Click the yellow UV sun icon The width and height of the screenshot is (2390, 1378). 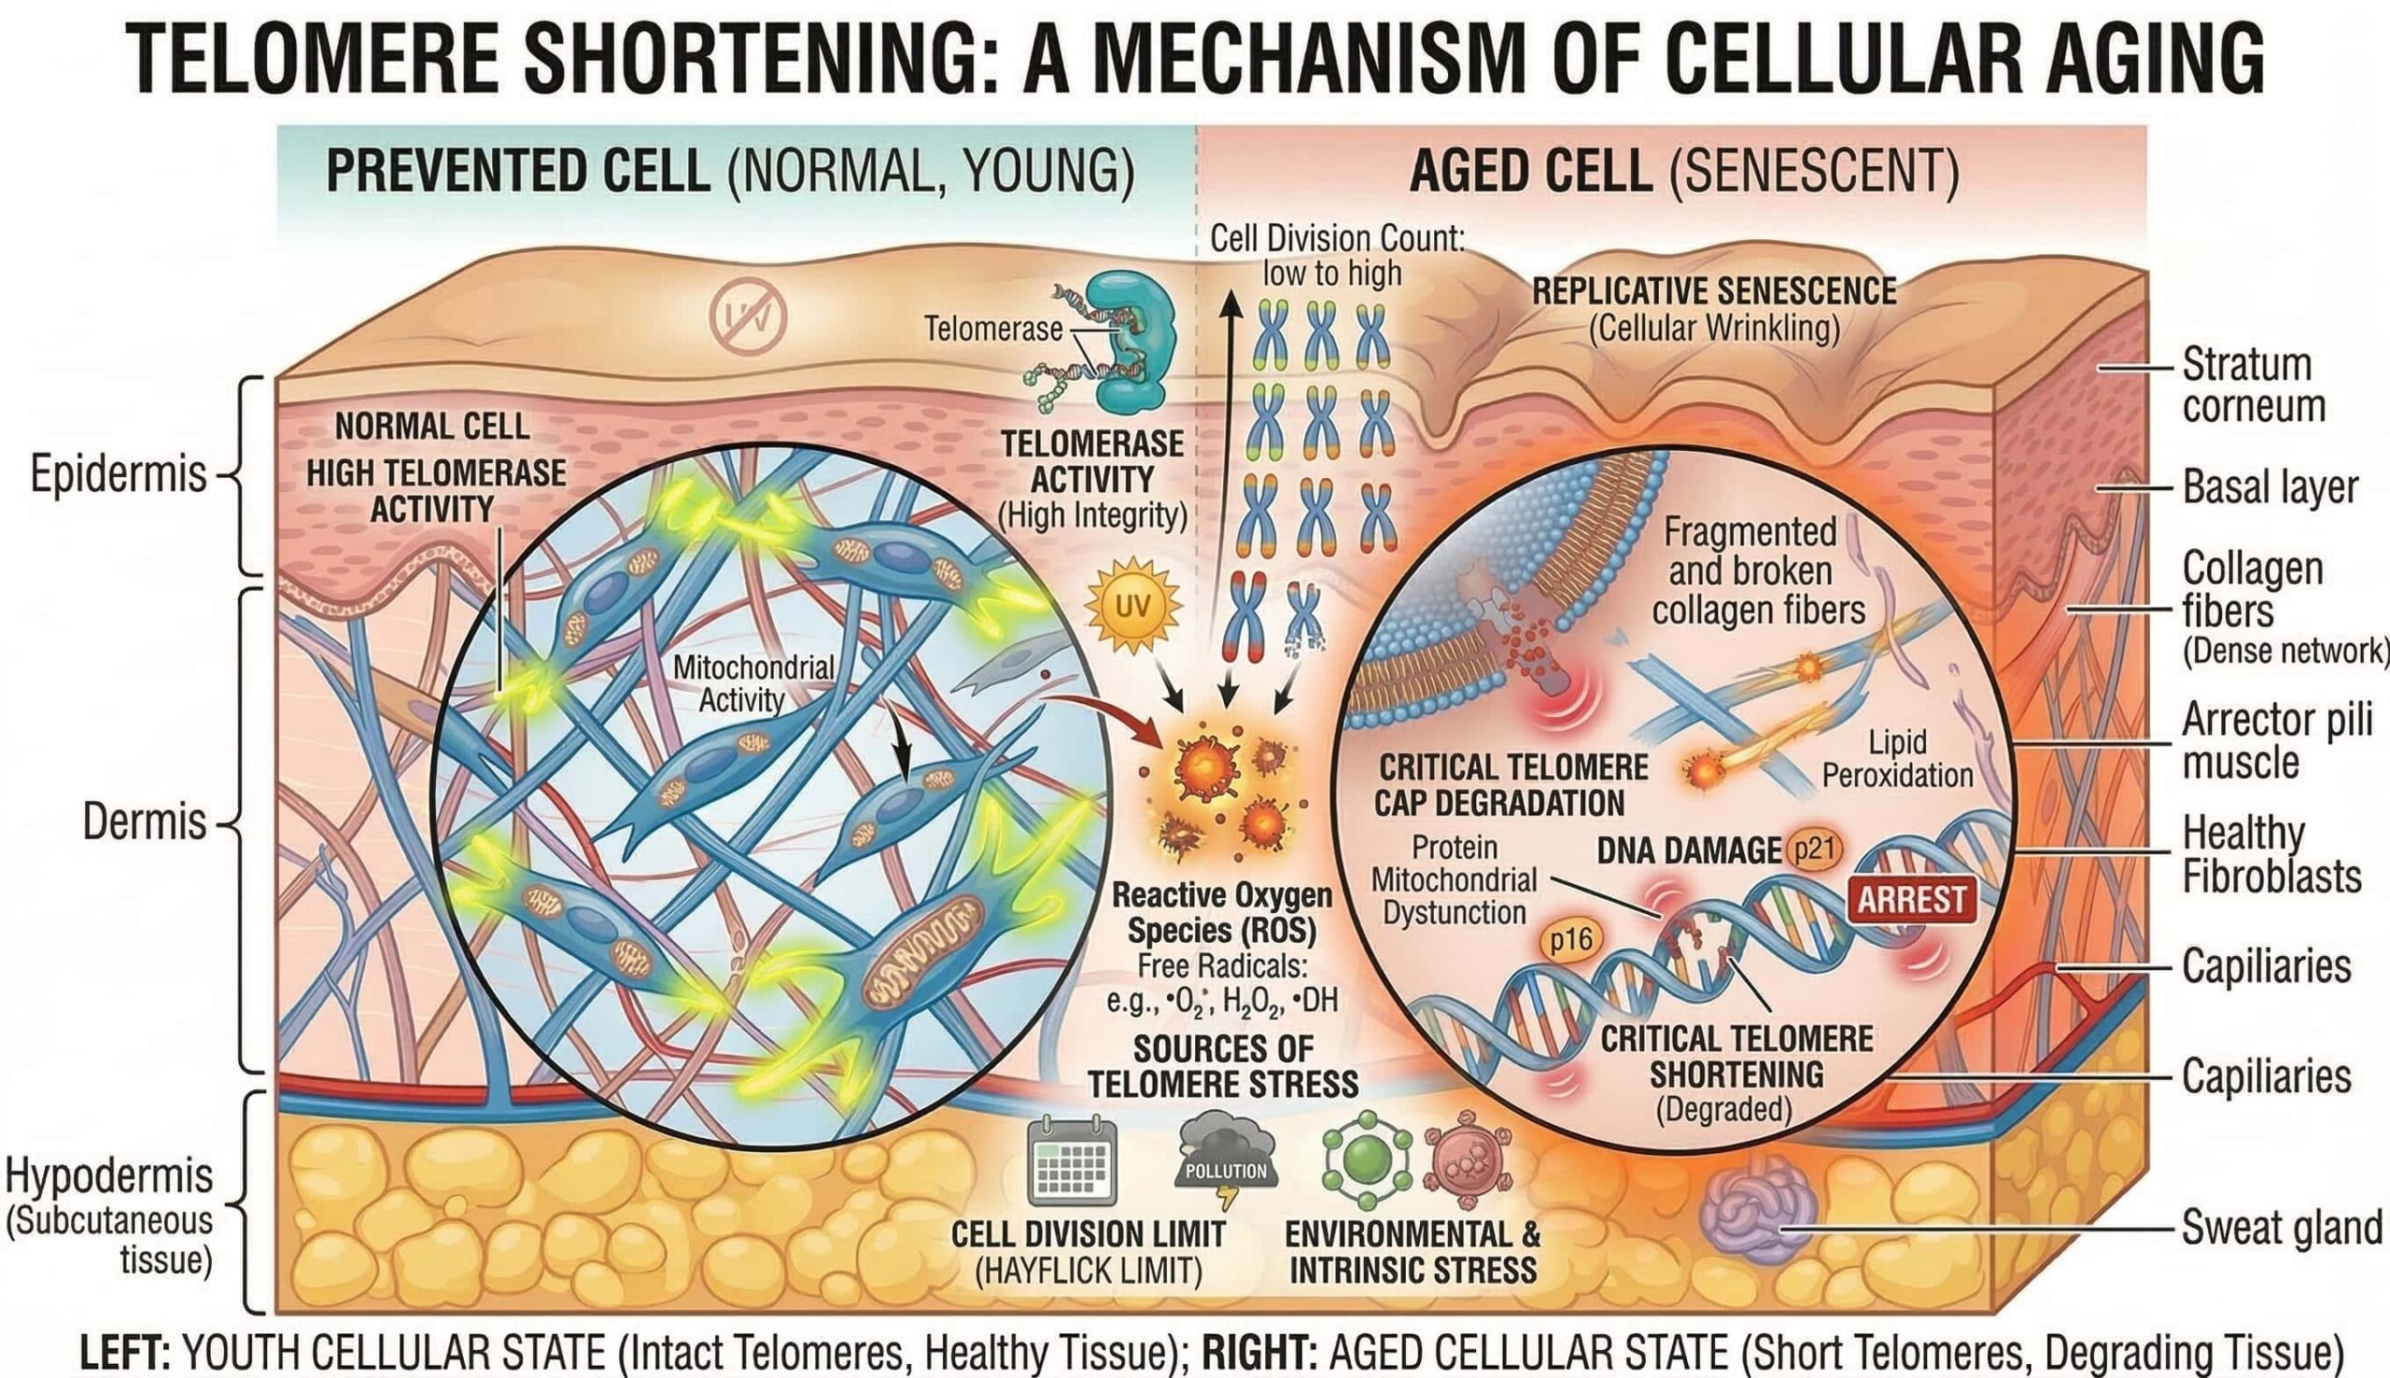[1132, 607]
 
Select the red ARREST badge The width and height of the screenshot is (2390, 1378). [1911, 898]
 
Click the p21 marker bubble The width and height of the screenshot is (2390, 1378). [1813, 849]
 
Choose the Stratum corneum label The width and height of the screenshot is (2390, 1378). [2253, 385]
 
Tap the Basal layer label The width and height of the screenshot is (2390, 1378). [2270, 488]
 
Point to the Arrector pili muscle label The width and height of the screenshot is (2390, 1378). [2276, 741]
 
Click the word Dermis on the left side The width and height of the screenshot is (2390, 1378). [144, 822]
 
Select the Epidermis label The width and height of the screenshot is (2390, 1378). [119, 474]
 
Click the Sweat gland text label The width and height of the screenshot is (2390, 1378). [2281, 1229]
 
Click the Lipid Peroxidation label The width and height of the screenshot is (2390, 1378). [1897, 759]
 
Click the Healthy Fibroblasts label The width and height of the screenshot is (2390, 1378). [2270, 855]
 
